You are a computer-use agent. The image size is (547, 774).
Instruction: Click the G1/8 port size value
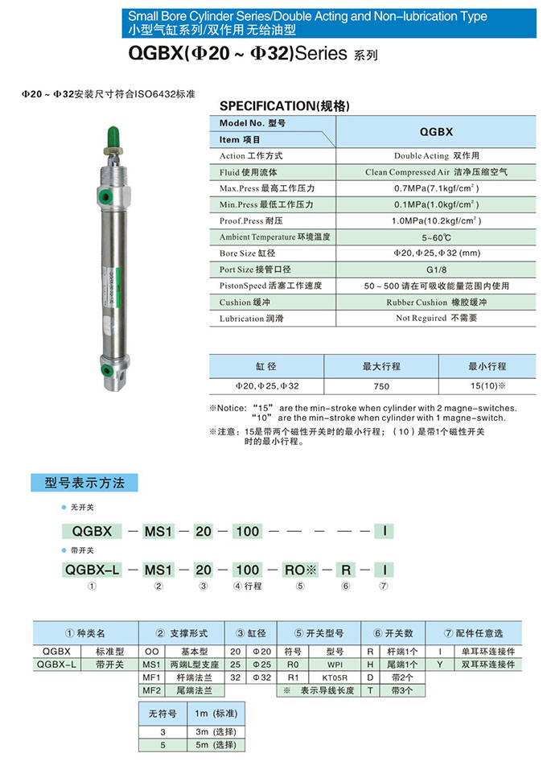436,270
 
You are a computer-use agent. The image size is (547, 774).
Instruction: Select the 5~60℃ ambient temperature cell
436,237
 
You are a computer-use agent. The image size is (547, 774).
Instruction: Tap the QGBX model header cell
436,131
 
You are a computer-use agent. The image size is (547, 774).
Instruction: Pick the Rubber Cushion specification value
436,303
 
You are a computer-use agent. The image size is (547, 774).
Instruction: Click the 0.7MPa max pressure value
436,188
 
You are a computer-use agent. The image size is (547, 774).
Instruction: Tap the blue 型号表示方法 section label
84,483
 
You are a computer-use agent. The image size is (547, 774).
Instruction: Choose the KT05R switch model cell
335,677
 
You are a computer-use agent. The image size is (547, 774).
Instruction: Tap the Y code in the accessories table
440,665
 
